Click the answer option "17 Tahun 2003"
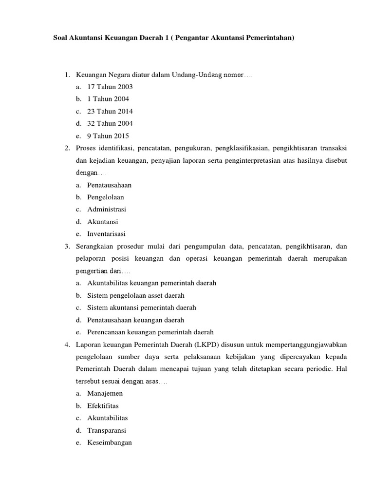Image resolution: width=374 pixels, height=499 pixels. (110, 87)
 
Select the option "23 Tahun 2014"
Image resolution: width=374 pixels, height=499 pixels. (110, 111)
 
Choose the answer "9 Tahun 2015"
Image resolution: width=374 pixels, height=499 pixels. (108, 136)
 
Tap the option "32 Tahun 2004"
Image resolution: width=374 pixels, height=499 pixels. (110, 123)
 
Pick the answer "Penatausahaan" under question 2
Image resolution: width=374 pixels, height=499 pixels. (109, 185)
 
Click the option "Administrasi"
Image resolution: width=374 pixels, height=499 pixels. (106, 210)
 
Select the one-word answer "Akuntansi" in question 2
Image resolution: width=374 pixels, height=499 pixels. (102, 222)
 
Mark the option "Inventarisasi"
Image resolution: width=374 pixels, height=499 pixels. (106, 234)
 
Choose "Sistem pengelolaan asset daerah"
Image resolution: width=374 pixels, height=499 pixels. (136, 295)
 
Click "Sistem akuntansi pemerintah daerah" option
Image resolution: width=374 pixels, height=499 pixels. (141, 307)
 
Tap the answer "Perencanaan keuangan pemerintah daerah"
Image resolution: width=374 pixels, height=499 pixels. (150, 332)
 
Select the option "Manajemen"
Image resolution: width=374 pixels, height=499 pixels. (105, 393)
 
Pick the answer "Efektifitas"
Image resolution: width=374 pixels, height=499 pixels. (103, 406)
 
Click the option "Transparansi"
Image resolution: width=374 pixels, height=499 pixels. (106, 430)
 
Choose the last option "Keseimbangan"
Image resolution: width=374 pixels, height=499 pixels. (110, 442)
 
